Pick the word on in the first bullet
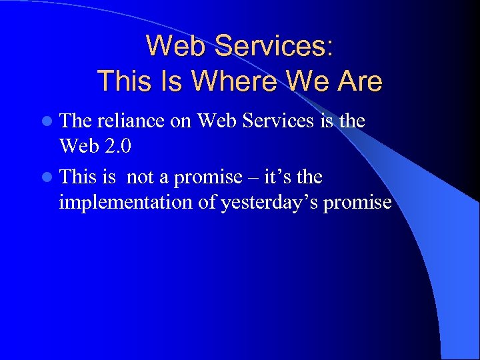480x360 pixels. tap(184, 121)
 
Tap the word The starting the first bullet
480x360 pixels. tap(75, 121)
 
